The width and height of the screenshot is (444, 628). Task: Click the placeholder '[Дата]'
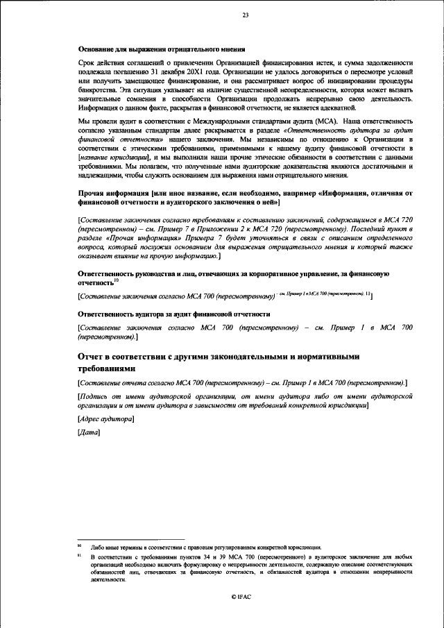point(89,434)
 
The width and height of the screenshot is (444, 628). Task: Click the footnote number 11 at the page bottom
point(79,557)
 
